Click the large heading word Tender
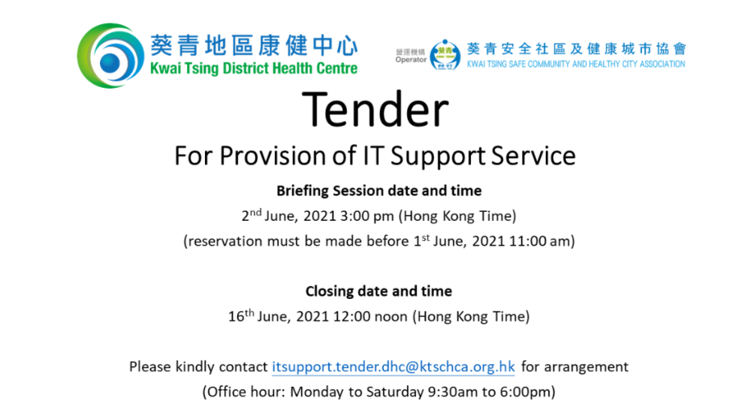(376, 110)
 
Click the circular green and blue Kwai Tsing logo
(110, 56)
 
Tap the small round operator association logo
(445, 55)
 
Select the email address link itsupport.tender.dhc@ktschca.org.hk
(394, 366)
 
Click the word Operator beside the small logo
(411, 60)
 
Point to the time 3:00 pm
(367, 216)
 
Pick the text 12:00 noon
(370, 316)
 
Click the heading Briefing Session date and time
(379, 191)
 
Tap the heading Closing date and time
(379, 291)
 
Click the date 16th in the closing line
(241, 315)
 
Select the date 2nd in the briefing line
(251, 215)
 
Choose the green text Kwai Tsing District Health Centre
(254, 68)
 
